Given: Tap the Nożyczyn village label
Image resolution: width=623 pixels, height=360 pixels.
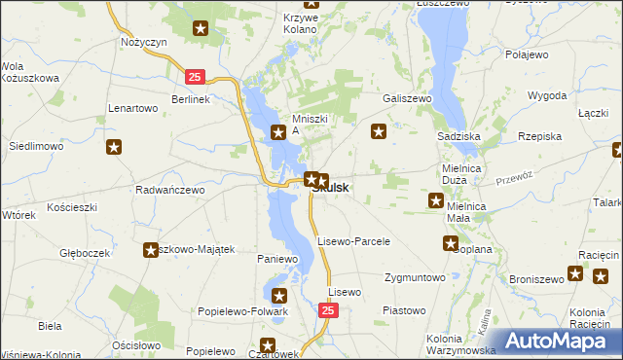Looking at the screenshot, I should [x=145, y=43].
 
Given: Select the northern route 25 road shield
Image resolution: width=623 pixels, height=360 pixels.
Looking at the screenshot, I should [x=196, y=76].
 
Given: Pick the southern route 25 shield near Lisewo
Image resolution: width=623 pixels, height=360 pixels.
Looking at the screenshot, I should [x=328, y=309].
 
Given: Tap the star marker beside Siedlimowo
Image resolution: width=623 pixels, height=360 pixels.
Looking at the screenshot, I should [x=114, y=147].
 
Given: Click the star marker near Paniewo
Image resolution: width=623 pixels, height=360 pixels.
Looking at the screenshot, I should [x=279, y=296].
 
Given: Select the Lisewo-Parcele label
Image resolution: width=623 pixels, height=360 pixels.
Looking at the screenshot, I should [x=354, y=240].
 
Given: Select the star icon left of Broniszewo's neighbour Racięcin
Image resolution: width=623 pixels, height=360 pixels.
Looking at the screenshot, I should [x=576, y=273].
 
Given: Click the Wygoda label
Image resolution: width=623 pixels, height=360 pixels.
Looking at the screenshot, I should [x=547, y=96].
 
